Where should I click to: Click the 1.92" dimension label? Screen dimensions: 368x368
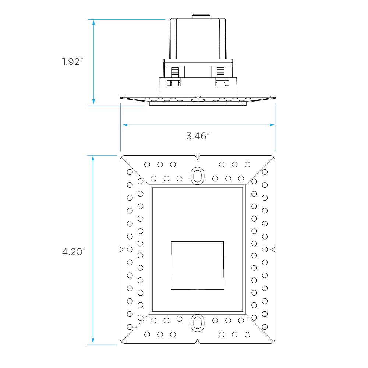[72, 61]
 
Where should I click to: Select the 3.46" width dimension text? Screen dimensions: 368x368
[198, 136]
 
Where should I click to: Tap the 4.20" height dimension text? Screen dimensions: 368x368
[74, 252]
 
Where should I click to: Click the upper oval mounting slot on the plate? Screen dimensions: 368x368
[197, 176]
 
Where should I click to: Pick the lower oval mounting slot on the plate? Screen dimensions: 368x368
[197, 323]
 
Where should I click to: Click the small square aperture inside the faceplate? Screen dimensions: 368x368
[197, 265]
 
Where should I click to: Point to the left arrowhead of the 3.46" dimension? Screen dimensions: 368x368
[125, 125]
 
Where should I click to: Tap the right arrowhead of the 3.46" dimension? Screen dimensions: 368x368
[272, 125]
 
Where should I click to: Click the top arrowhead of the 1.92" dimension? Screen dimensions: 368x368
[93, 22]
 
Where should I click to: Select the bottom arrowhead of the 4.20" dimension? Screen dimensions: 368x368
[93, 340]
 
